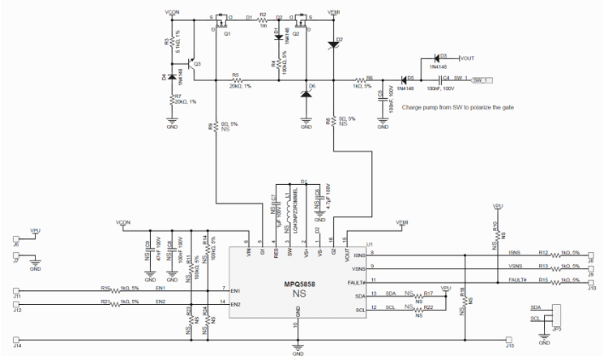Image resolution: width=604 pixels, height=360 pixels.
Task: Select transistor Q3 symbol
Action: [191, 64]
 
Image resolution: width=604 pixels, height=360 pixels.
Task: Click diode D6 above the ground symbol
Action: [306, 94]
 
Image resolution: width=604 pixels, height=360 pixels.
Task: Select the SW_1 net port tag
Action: [482, 80]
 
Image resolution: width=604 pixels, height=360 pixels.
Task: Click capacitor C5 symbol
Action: [382, 95]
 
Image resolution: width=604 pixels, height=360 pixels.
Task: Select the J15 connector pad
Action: [509, 341]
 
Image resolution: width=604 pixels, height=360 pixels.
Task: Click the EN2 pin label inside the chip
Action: [238, 304]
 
